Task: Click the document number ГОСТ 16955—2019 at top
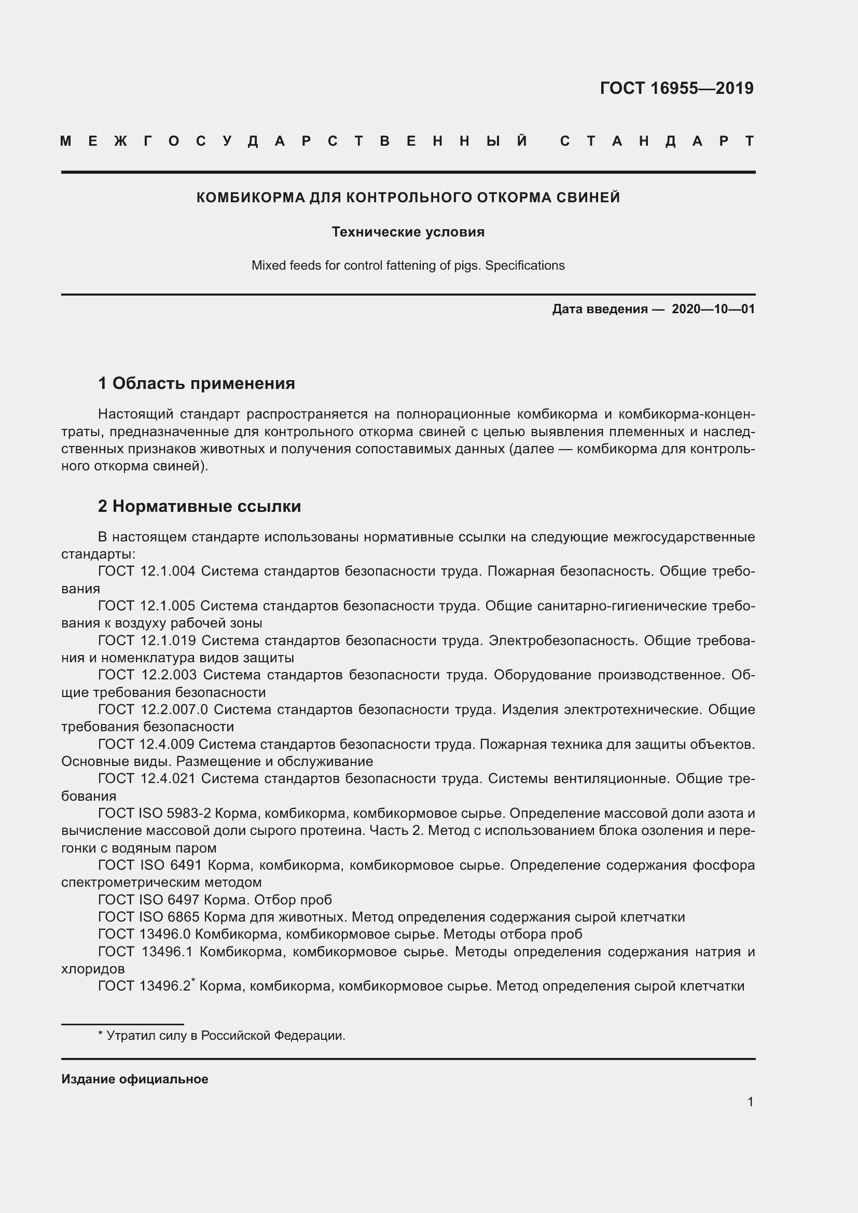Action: tap(676, 88)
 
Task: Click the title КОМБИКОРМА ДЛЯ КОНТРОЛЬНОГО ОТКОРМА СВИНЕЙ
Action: tap(408, 198)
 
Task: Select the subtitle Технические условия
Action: tap(408, 232)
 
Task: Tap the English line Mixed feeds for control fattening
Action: tap(408, 265)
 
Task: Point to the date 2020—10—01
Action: tap(713, 309)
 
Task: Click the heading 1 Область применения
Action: tap(197, 383)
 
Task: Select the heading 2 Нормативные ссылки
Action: tap(199, 506)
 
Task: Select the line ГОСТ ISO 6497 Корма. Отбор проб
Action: tap(215, 900)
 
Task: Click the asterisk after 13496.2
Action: tap(193, 981)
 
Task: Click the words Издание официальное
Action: tap(135, 1079)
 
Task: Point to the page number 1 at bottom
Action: tap(750, 1102)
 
